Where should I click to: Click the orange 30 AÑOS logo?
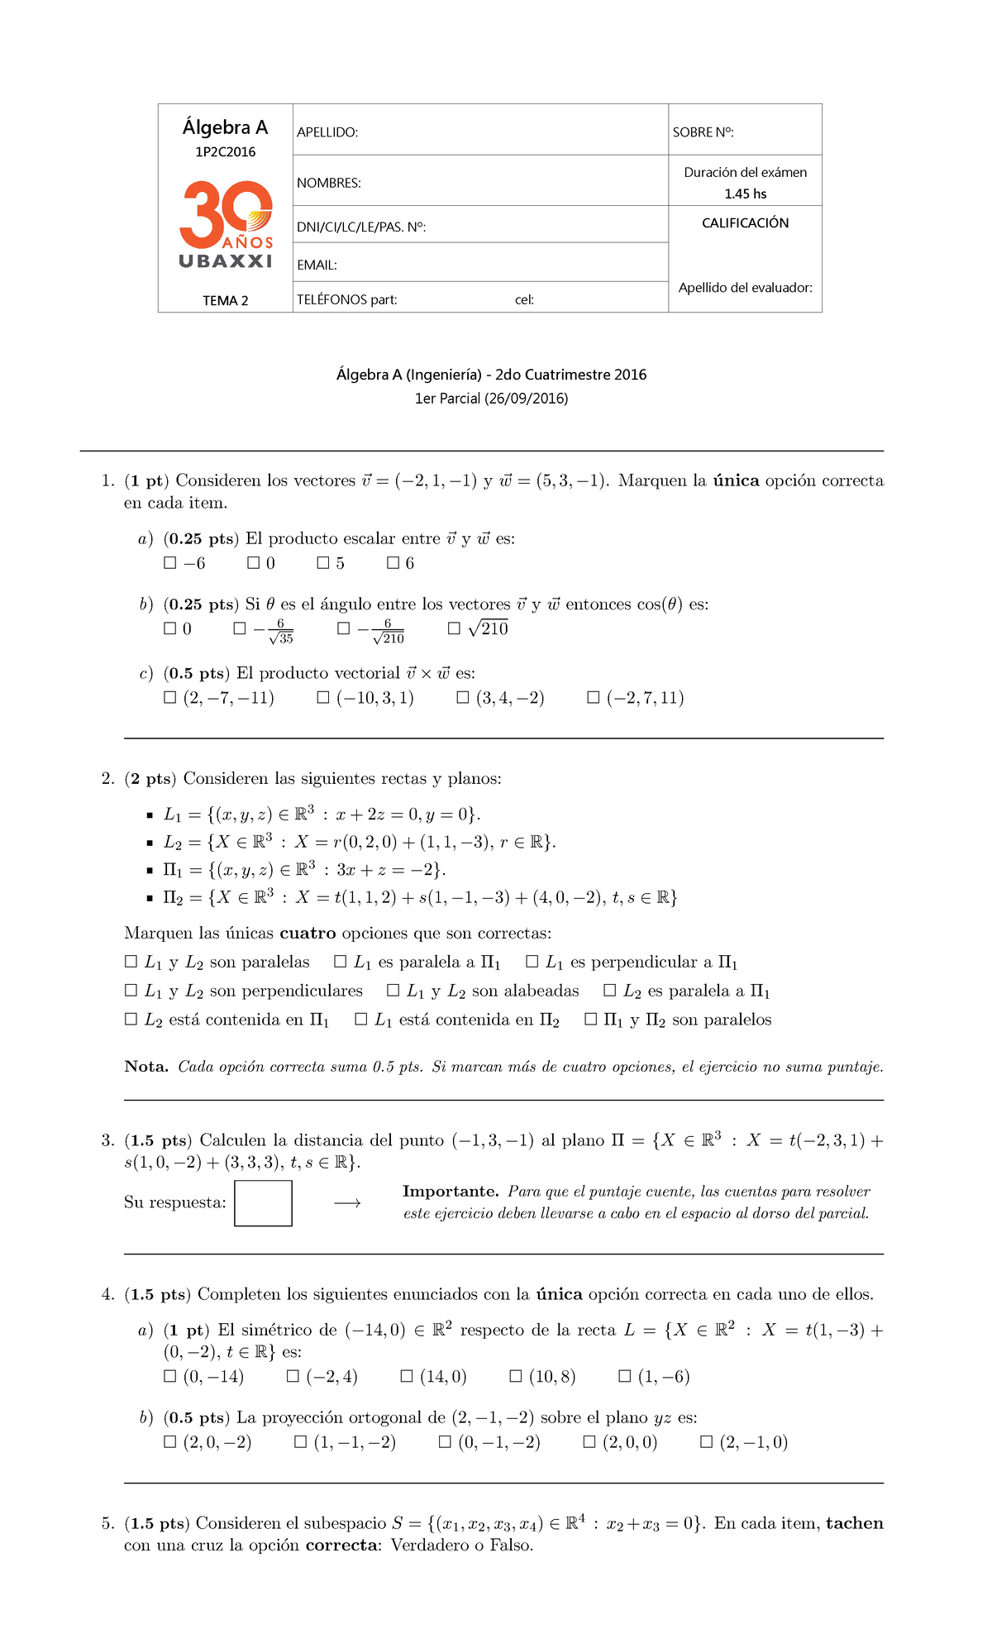point(226,213)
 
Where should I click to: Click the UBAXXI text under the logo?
point(226,261)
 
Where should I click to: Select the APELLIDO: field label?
point(327,132)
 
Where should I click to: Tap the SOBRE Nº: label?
point(703,132)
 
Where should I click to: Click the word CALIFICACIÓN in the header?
point(745,223)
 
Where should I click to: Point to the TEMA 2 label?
point(226,301)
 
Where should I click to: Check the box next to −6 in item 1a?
point(170,563)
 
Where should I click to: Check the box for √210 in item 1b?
point(454,628)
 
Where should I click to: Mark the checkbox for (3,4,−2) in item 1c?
point(463,698)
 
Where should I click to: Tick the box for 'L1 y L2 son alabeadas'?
point(393,991)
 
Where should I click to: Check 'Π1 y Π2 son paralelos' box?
point(590,1020)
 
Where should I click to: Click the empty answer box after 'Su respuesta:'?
point(263,1203)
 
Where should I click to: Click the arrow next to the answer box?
point(347,1203)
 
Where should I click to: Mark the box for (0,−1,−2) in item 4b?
point(445,1442)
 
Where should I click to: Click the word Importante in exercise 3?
point(450,1192)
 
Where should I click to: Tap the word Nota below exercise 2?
point(145,1067)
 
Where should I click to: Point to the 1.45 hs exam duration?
point(745,194)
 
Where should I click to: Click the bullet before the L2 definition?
point(150,843)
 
